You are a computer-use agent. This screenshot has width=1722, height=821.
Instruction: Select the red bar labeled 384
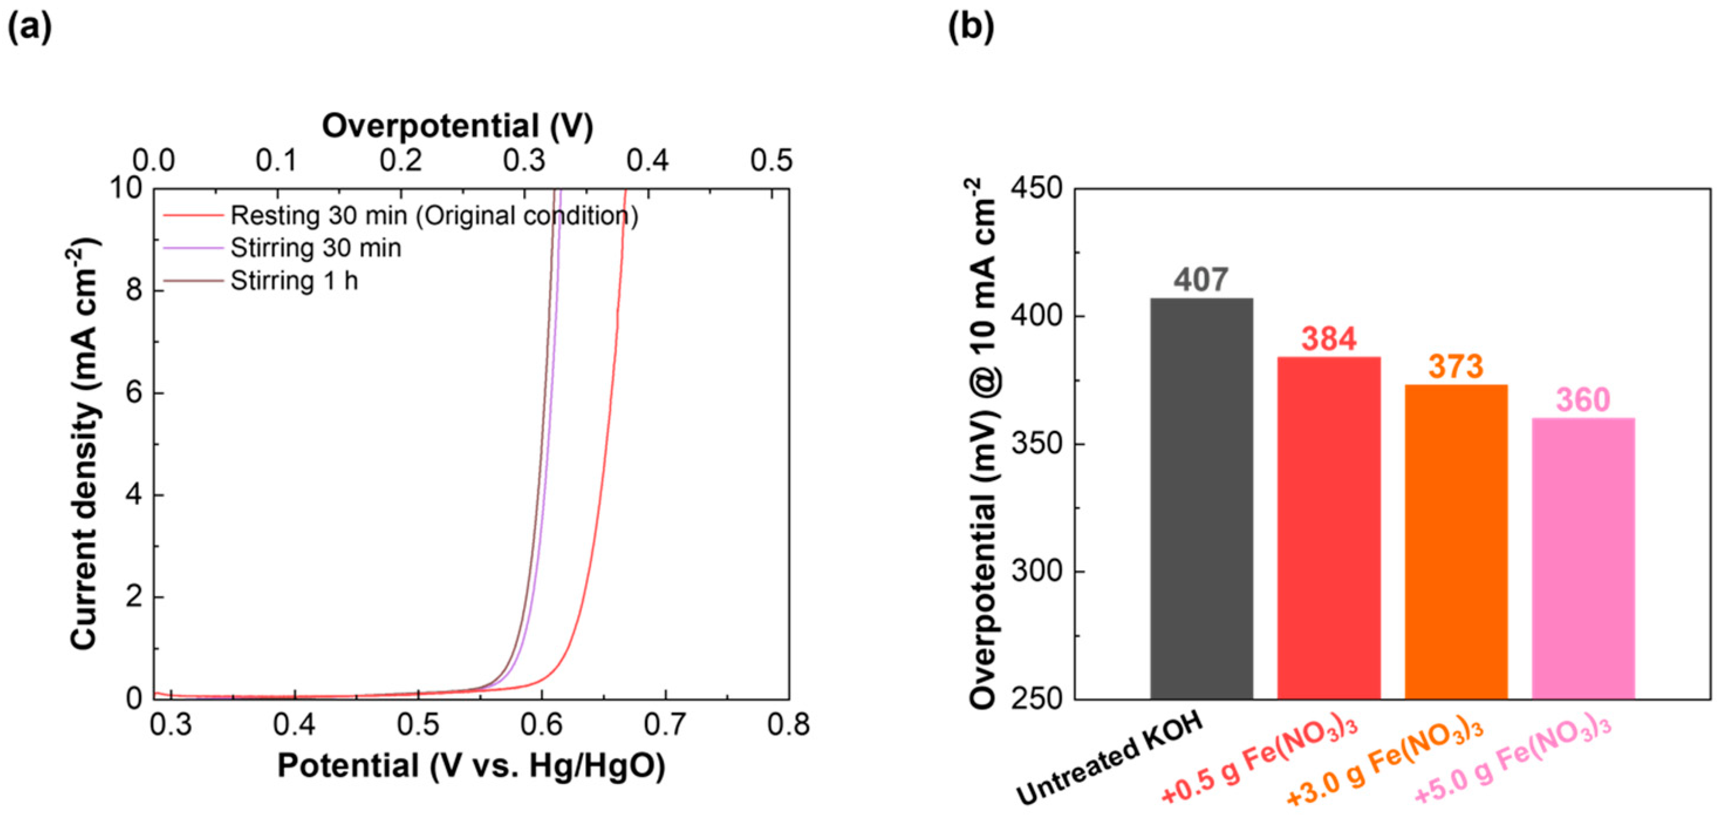click(1328, 528)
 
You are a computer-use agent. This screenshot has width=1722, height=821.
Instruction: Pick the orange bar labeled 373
click(1456, 542)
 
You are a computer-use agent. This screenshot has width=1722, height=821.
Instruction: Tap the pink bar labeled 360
click(1583, 558)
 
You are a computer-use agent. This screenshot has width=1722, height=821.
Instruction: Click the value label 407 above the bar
click(1201, 280)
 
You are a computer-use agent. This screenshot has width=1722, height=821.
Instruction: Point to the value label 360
click(1583, 401)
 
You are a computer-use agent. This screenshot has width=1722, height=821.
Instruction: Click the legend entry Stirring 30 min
click(316, 248)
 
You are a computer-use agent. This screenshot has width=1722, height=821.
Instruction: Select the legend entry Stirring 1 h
click(294, 281)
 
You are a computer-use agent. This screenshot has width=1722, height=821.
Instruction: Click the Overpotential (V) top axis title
click(458, 126)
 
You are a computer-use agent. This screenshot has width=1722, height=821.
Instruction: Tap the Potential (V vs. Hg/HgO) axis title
click(471, 766)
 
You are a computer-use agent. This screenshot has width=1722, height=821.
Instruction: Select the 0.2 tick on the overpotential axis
click(401, 160)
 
